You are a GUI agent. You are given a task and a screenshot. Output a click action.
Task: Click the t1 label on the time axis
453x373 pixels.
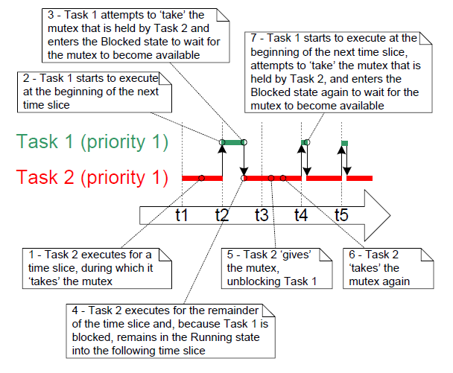click(x=181, y=215)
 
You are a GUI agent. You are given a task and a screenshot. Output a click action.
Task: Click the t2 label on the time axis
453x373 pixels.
click(x=221, y=215)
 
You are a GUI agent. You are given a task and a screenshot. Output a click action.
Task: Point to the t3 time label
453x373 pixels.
click(x=262, y=215)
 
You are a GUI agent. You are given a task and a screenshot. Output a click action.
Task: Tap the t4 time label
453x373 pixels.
click(x=301, y=215)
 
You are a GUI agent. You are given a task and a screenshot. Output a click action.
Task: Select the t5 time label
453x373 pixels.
click(x=341, y=215)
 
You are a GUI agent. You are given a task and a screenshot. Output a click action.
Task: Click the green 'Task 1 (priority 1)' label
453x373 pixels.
click(x=92, y=142)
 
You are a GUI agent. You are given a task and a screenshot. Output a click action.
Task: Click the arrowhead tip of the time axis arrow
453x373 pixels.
click(x=388, y=215)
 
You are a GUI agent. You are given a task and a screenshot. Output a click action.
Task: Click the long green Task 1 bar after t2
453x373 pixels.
click(x=232, y=142)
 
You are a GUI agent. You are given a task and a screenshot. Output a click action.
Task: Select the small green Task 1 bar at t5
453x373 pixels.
click(x=343, y=143)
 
